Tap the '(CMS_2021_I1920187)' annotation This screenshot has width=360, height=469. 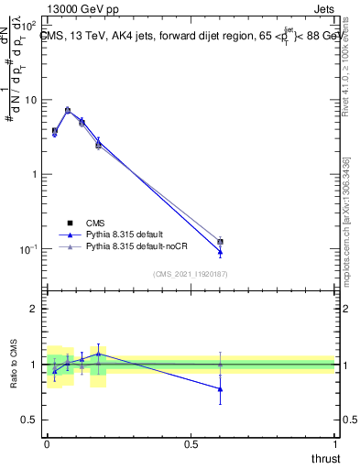coord(190,274)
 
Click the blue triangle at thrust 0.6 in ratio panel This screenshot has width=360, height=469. coord(220,388)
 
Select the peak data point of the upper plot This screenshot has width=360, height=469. coord(68,110)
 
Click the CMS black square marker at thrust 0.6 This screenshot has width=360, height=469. coord(220,242)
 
